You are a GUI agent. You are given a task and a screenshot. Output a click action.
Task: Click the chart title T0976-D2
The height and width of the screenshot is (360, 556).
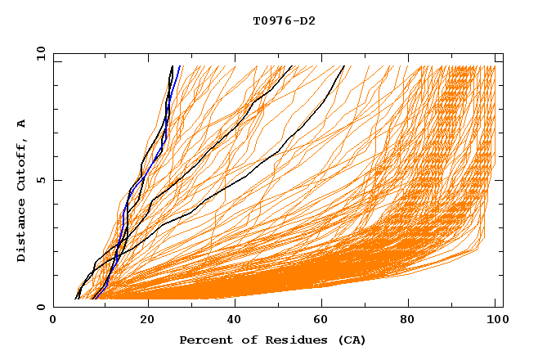tap(284, 20)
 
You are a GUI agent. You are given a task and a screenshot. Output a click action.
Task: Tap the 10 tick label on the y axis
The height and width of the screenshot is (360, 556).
tap(41, 54)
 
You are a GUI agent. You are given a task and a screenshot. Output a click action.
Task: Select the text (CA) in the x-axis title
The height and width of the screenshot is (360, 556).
tap(350, 340)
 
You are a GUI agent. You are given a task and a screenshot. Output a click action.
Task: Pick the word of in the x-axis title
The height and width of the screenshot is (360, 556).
tap(243, 340)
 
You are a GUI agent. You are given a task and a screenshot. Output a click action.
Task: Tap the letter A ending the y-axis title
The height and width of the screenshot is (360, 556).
tap(22, 123)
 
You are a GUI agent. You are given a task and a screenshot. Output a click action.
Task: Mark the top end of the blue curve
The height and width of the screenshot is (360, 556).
tap(179, 66)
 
